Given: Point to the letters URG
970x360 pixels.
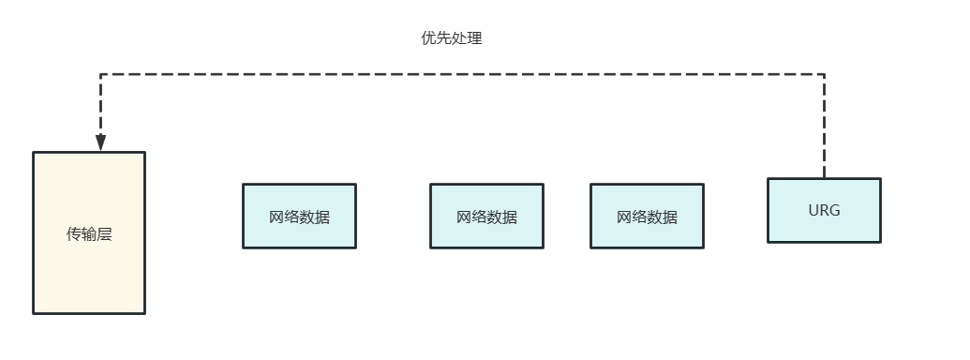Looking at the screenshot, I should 824,210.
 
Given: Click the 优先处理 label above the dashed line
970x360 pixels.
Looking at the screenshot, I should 452,38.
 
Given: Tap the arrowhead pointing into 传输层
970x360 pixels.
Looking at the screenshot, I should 100,142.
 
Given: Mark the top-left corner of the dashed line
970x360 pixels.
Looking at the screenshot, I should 100,74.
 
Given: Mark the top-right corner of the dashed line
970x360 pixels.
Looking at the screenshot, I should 825,74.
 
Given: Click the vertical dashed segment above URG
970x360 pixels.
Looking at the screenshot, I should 825,127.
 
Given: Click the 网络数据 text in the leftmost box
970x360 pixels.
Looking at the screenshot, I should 299,217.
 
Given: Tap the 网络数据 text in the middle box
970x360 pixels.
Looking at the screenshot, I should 486,217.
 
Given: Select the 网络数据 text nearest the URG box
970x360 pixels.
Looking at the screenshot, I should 647,217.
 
